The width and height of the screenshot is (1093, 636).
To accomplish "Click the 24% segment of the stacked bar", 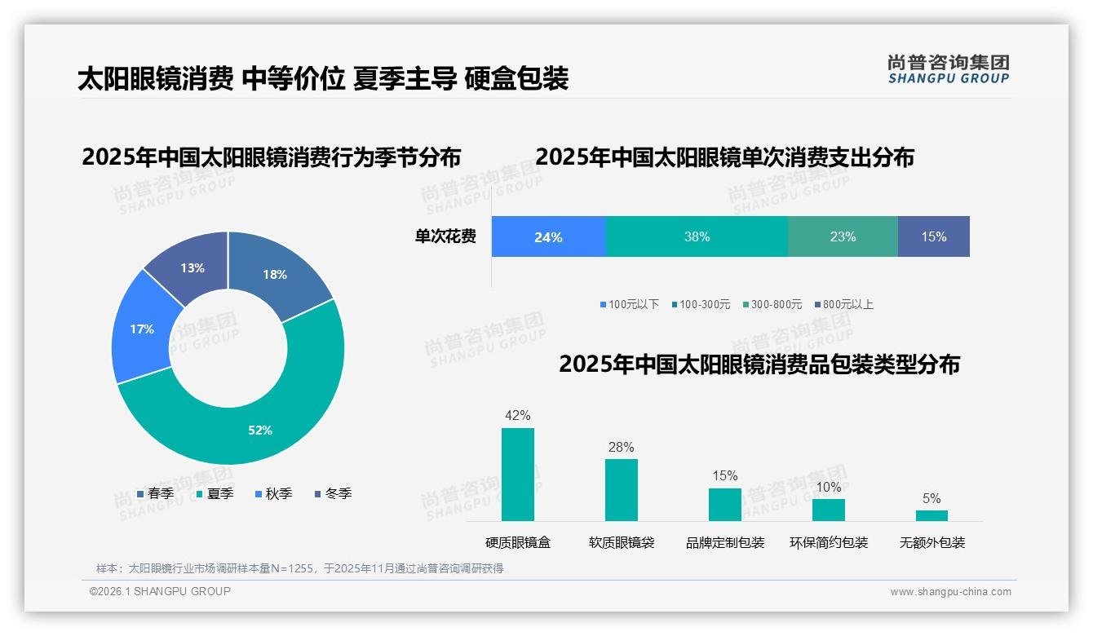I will pos(548,237).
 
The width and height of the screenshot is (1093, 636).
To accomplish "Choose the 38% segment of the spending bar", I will pos(697,237).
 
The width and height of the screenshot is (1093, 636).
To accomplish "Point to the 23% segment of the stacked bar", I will pos(843,237).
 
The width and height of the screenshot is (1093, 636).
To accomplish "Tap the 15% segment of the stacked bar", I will pos(933,237).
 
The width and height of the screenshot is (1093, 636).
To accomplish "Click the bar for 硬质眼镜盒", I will pos(517,475).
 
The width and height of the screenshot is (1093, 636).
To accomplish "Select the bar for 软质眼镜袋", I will pos(621,490).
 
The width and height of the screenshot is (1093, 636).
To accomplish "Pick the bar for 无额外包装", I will pos(931,515).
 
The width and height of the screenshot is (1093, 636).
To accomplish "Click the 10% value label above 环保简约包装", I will pos(828,488).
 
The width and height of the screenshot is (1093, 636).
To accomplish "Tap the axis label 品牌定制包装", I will pos(724,542).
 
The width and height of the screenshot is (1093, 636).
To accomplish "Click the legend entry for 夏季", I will pos(215,493).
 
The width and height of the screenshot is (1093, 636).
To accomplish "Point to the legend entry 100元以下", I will pos(629,304).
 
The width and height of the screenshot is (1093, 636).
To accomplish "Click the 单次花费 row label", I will pos(445,237).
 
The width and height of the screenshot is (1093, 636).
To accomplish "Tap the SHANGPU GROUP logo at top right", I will pos(948,68).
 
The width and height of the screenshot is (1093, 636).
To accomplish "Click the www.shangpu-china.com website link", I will pos(950,592).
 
